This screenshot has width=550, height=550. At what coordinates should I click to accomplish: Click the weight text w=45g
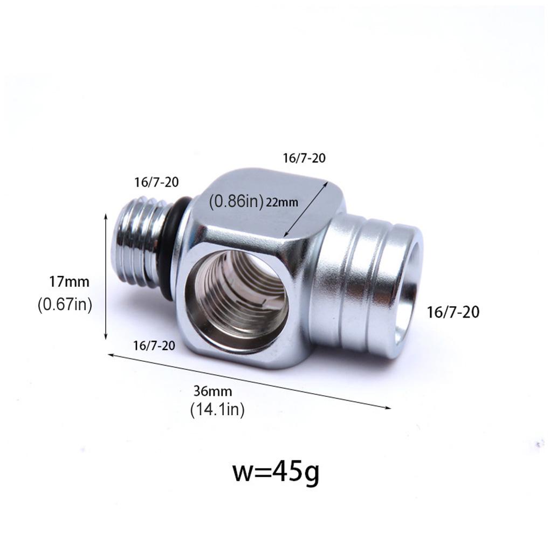pyautogui.click(x=276, y=472)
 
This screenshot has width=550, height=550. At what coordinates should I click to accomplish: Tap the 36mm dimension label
pyautogui.click(x=214, y=390)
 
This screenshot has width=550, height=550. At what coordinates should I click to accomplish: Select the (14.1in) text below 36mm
pyautogui.click(x=217, y=410)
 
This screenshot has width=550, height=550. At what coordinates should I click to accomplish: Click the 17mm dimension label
pyautogui.click(x=69, y=281)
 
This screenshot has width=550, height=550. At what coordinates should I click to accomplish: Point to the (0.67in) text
pyautogui.click(x=65, y=305)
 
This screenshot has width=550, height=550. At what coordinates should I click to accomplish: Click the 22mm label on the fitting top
pyautogui.click(x=283, y=202)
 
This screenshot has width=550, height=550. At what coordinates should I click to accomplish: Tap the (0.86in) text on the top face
pyautogui.click(x=236, y=201)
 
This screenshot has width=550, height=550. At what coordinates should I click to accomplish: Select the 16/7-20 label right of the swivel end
pyautogui.click(x=453, y=312)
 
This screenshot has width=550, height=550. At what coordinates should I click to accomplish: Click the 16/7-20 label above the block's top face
pyautogui.click(x=304, y=158)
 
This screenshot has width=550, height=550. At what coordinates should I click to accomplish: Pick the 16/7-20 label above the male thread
pyautogui.click(x=156, y=182)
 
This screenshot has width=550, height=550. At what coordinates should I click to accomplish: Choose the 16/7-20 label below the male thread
pyautogui.click(x=154, y=346)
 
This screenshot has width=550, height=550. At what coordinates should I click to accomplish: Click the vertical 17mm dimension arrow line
pyautogui.click(x=105, y=276)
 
